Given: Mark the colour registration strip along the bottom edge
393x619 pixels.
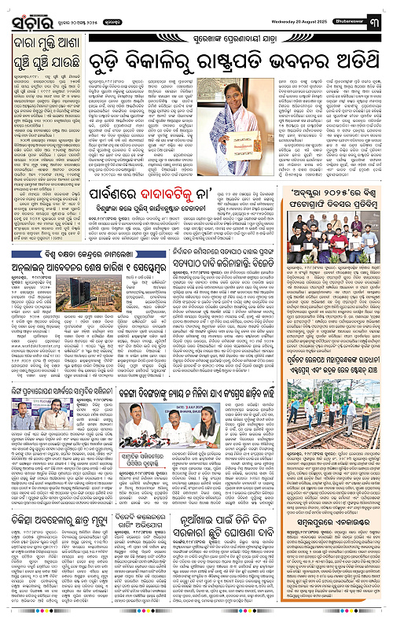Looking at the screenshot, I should [x=196, y=614].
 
